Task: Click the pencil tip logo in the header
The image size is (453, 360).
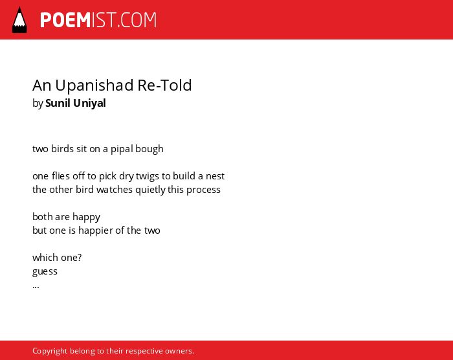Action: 19,20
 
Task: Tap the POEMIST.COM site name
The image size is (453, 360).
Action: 98,20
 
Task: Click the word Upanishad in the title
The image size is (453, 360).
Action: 94,85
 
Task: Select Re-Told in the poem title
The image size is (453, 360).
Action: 164,85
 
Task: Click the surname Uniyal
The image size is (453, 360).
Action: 89,104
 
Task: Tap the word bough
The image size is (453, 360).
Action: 149,149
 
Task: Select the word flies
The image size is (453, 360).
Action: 61,175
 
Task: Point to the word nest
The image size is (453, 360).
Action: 215,176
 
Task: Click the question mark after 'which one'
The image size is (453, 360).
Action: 80,257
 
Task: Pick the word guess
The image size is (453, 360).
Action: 45,272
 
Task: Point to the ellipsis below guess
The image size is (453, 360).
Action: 36,287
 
